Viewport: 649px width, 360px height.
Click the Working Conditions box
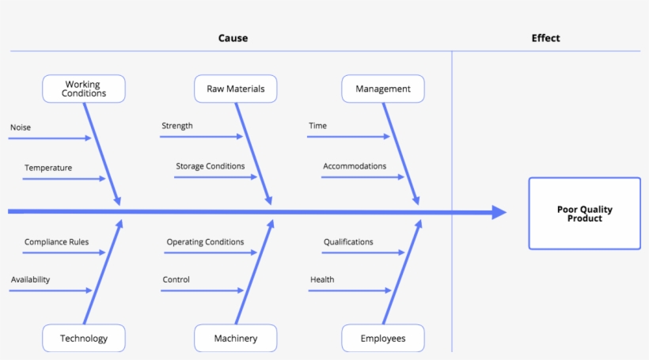[83, 89]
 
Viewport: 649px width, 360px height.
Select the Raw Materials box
[235, 89]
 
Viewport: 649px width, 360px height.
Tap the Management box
[382, 89]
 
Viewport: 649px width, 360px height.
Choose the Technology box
[83, 338]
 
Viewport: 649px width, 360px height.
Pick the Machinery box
[235, 338]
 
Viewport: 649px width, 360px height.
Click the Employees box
[382, 338]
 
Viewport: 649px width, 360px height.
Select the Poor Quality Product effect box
[584, 214]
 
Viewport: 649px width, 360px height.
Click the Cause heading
[233, 38]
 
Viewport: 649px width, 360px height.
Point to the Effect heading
[545, 38]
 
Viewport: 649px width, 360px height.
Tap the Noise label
[21, 127]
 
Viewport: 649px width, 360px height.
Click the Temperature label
[47, 168]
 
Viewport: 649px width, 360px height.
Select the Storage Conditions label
[210, 166]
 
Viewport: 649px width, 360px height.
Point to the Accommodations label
[355, 166]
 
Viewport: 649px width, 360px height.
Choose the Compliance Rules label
[56, 242]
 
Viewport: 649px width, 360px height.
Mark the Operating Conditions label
[205, 242]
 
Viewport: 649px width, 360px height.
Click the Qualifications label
[348, 242]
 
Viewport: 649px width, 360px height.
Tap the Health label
[322, 279]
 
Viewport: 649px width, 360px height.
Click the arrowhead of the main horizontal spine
[499, 212]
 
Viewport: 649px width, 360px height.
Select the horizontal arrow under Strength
[201, 137]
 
